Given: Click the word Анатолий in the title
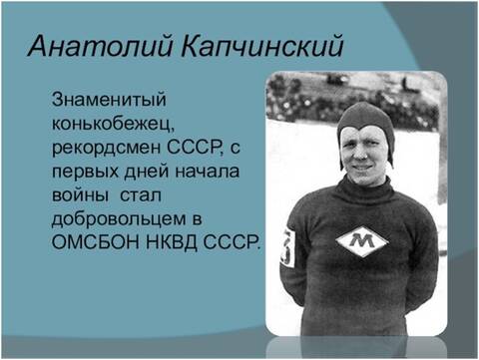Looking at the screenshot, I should click(x=89, y=46).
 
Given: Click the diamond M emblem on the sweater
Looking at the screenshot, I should click(x=362, y=241).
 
